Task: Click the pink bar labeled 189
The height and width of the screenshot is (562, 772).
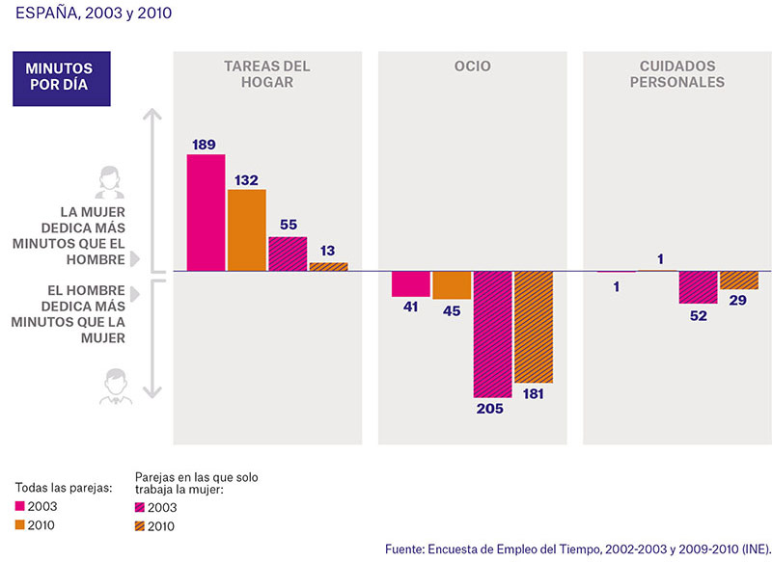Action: tap(206, 212)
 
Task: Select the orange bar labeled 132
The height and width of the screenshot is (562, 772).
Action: tap(247, 230)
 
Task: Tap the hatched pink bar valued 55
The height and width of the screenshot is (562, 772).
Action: tap(288, 254)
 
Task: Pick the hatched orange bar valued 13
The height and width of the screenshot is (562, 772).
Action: tap(328, 266)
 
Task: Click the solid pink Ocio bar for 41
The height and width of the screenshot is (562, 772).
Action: tap(411, 283)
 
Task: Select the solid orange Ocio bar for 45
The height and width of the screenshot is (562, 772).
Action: tap(452, 285)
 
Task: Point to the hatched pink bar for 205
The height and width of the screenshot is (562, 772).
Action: tap(493, 335)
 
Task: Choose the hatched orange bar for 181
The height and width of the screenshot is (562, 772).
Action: tap(534, 327)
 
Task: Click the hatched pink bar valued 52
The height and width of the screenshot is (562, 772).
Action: tap(698, 287)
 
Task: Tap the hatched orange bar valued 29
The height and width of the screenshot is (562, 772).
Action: tap(739, 281)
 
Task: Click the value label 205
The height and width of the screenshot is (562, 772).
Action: tap(490, 409)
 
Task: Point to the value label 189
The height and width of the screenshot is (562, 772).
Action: tap(204, 145)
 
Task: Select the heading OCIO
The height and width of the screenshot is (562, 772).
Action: tap(473, 66)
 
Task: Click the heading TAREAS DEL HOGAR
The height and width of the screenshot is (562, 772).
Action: tap(267, 74)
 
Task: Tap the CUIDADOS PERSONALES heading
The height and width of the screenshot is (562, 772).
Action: tap(677, 74)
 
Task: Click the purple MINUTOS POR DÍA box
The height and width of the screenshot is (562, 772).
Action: tap(62, 79)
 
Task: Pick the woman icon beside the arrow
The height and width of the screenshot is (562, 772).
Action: tap(109, 182)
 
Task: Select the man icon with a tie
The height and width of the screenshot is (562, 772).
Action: tap(116, 387)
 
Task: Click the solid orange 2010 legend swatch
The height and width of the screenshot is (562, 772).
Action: tap(19, 524)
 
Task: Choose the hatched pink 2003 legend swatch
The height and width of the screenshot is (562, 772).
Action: tap(140, 507)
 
